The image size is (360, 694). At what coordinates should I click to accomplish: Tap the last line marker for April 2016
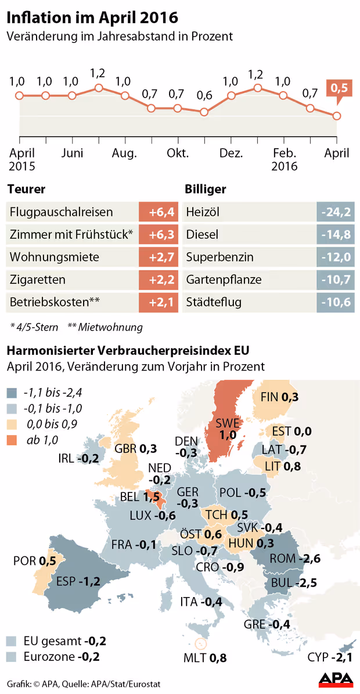(x=337, y=116)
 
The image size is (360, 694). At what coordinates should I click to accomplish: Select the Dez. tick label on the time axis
(x=231, y=153)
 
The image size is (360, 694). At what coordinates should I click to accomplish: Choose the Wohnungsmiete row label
(x=55, y=257)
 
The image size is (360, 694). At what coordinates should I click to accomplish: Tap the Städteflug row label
(x=214, y=303)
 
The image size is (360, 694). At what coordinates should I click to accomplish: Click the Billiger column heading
(x=205, y=189)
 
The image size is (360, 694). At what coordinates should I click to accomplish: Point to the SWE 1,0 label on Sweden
(x=228, y=429)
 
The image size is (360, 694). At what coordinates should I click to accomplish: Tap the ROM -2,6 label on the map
(x=296, y=559)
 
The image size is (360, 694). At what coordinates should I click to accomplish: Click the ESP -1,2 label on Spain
(x=79, y=581)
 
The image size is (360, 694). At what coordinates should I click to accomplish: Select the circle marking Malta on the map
(x=201, y=643)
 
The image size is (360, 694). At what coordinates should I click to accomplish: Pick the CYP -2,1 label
(x=329, y=657)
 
